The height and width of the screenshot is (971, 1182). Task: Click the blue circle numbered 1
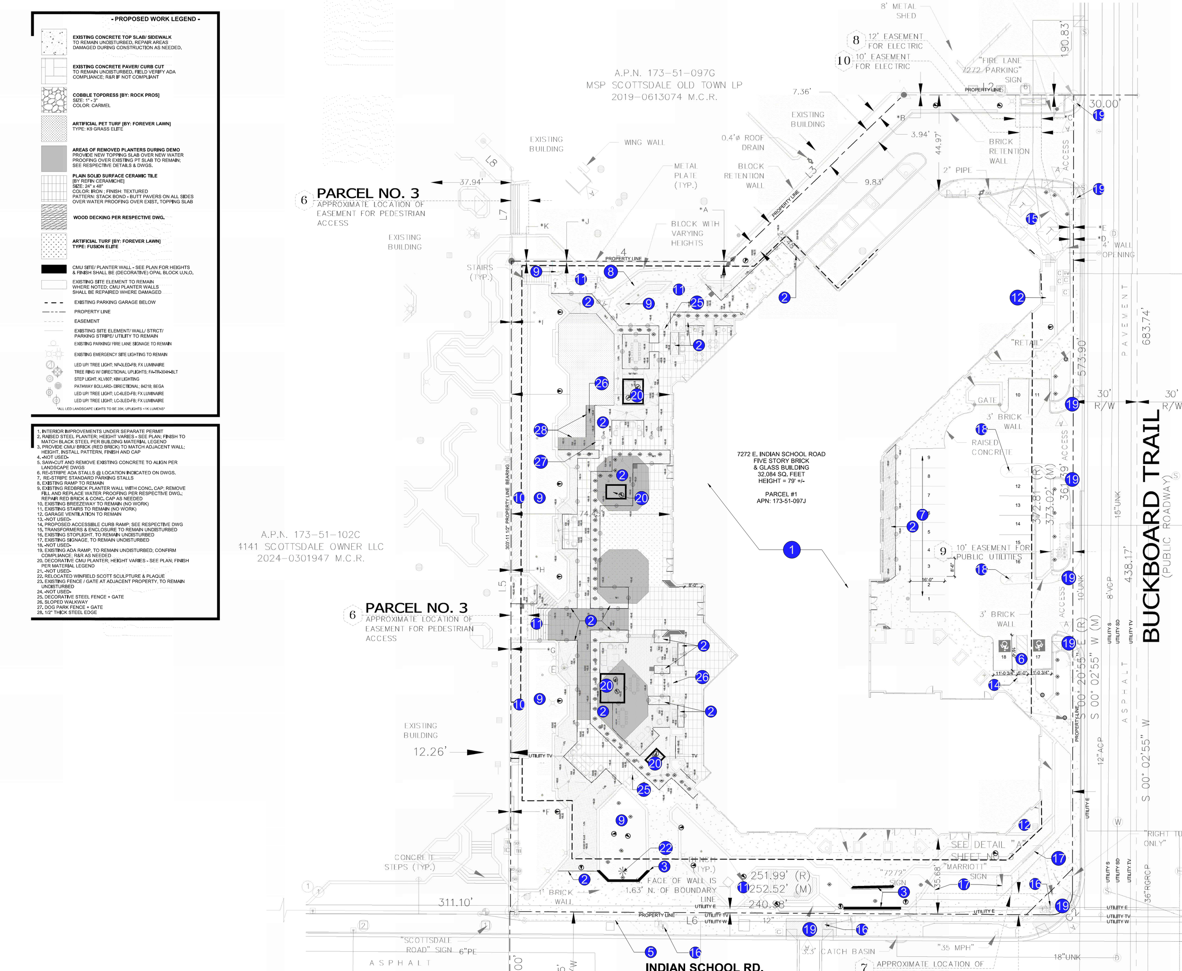click(x=791, y=550)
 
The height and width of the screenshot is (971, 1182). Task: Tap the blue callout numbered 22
click(x=665, y=848)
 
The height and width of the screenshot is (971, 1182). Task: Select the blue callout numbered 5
click(x=650, y=952)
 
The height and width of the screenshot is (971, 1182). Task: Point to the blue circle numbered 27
click(x=540, y=462)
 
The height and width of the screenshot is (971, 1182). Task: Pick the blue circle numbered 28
click(x=540, y=430)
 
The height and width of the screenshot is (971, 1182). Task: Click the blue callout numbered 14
click(x=994, y=685)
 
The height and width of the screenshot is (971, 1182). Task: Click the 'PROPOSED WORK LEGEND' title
click(x=156, y=19)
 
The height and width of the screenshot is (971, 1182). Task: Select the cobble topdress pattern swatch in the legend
click(x=54, y=100)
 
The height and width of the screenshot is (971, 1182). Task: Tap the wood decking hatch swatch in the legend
click(x=54, y=217)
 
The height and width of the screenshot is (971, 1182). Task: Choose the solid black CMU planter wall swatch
click(x=54, y=269)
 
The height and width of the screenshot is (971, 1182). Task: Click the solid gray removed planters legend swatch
click(x=54, y=158)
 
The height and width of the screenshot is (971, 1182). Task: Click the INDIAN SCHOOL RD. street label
click(x=704, y=966)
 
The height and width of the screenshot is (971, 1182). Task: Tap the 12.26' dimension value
click(x=429, y=752)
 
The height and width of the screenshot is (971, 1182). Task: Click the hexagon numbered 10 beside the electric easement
click(x=843, y=60)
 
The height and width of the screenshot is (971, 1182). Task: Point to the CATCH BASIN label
click(x=848, y=952)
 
